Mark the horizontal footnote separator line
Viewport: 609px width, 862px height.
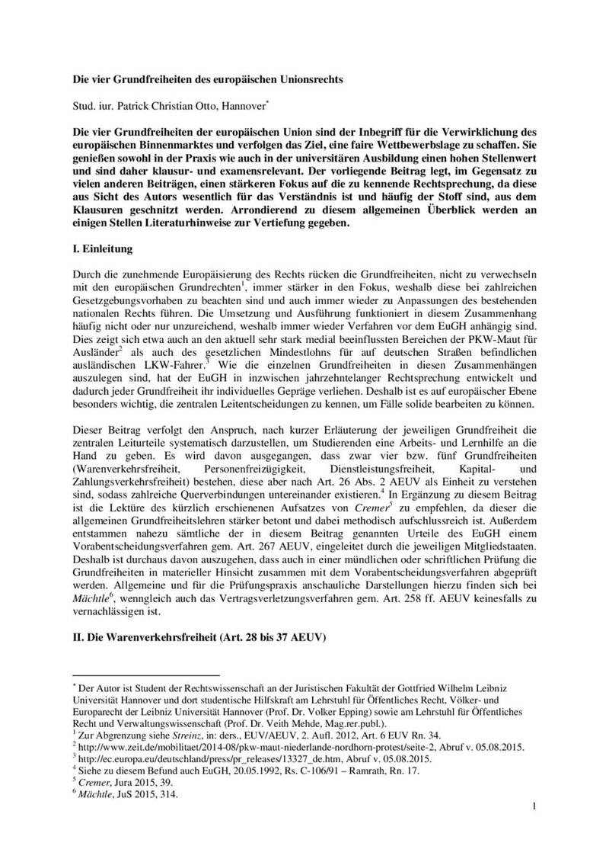point(145,675)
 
